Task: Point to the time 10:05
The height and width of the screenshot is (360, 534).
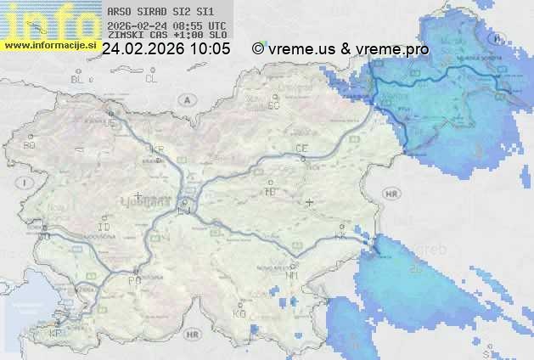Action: tap(211, 49)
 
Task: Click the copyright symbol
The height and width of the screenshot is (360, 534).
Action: tap(258, 49)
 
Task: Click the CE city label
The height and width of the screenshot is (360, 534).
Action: tap(301, 149)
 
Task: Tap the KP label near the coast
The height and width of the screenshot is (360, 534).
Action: tap(56, 334)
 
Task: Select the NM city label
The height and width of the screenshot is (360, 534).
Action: tap(293, 276)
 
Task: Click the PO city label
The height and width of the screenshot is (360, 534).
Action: tap(133, 279)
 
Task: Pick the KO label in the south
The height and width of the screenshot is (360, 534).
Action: tap(239, 313)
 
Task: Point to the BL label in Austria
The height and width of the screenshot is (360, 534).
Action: tap(77, 79)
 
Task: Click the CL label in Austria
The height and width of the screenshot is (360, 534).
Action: tap(151, 79)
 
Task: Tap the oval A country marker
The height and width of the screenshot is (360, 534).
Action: tap(185, 99)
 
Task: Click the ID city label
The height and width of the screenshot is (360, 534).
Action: tap(104, 228)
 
